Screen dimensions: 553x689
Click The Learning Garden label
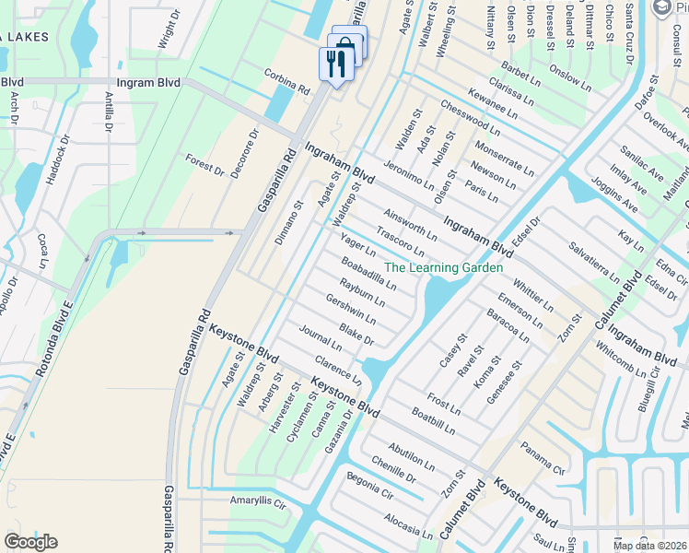click(x=443, y=267)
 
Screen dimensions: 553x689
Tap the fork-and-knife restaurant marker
click(x=334, y=64)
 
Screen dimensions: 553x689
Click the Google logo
click(x=31, y=542)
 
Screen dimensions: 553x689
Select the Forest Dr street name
click(x=204, y=163)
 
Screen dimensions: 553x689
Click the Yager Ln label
click(x=358, y=245)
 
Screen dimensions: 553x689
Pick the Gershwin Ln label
click(x=351, y=309)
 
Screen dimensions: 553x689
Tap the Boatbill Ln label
click(x=433, y=422)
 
